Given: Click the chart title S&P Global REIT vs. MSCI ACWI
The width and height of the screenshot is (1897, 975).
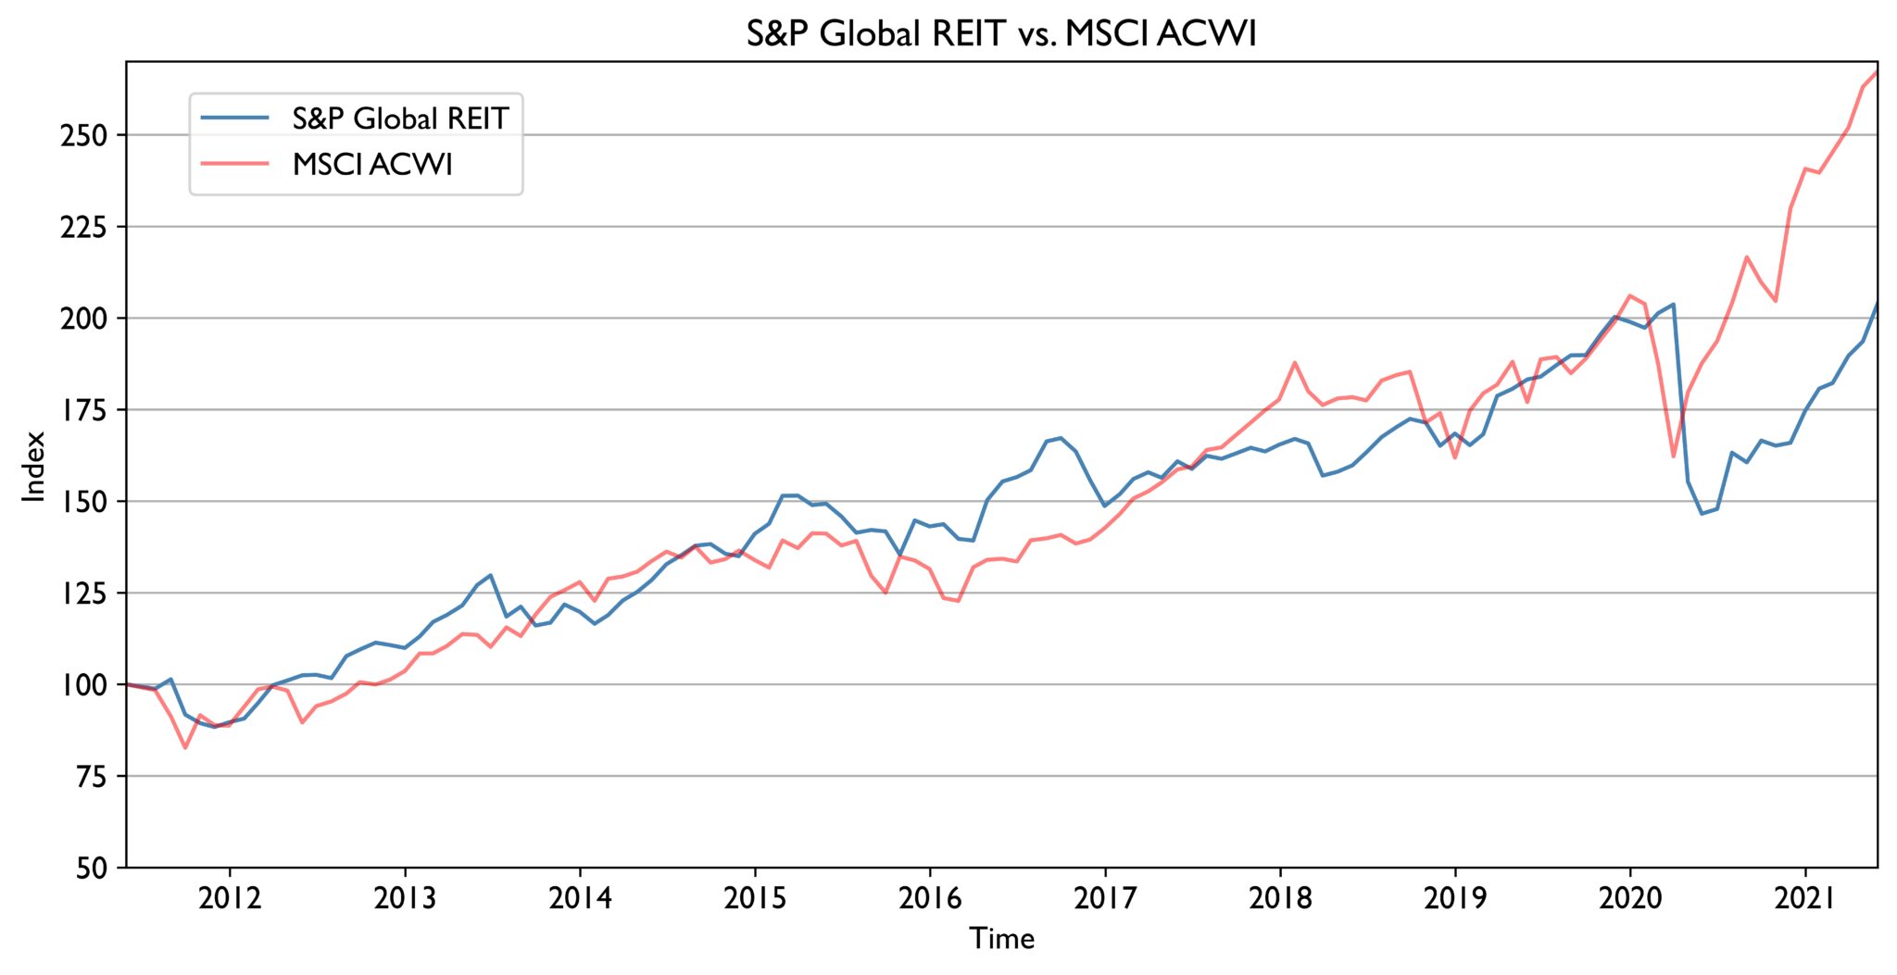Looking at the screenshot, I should (x=1001, y=33).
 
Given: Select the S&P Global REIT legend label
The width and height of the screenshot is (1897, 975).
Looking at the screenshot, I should (x=400, y=119).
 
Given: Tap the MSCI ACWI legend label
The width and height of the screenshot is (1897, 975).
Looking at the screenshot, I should (x=372, y=165).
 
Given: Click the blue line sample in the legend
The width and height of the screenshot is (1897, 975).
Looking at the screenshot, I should (x=234, y=119).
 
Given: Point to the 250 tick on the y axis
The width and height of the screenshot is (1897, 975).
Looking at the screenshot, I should (x=83, y=135).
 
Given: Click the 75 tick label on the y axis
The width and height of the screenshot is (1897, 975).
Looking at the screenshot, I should (x=90, y=777).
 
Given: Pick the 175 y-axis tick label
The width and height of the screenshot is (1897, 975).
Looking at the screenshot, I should (x=83, y=410).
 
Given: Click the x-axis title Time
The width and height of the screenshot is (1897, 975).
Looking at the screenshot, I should (x=1001, y=939).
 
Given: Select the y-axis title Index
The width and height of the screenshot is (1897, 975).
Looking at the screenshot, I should (x=34, y=466).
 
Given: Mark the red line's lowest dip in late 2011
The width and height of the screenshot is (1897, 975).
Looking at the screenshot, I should (x=185, y=747).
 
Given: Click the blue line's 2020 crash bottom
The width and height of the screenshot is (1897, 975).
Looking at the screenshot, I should (x=1702, y=514).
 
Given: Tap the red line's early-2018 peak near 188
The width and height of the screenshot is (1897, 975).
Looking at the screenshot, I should (x=1295, y=363).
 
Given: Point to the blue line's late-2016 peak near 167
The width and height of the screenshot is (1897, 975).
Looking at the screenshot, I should (x=1061, y=438).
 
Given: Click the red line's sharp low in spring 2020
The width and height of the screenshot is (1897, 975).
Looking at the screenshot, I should (x=1673, y=456).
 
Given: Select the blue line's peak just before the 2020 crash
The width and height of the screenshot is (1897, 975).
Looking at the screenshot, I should (x=1673, y=305).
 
